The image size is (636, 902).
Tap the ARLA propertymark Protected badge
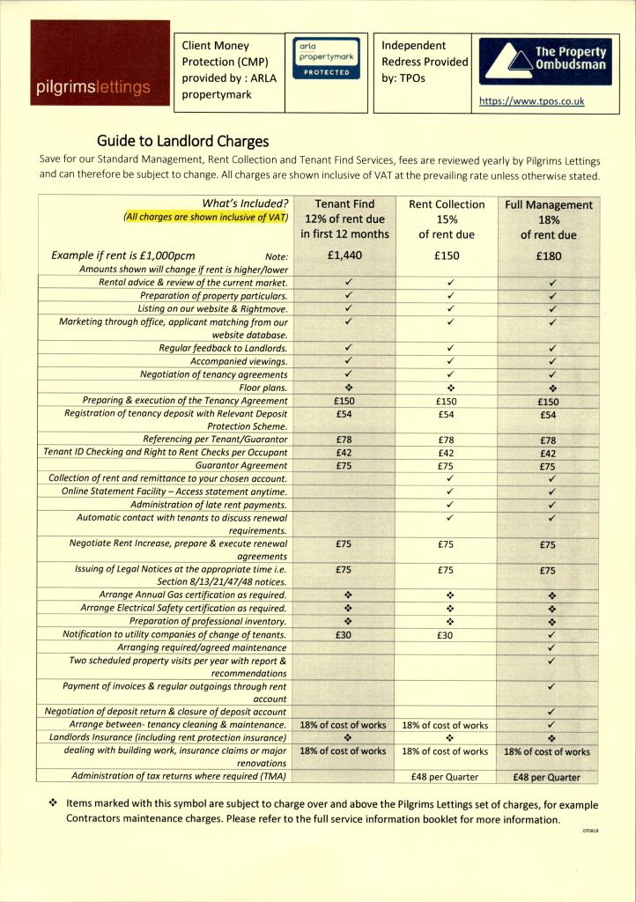coord(326,57)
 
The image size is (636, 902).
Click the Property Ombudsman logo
coord(544,61)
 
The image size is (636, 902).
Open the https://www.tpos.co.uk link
coord(531,101)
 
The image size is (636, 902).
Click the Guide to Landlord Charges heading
coord(182,141)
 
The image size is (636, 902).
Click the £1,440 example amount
coord(344,255)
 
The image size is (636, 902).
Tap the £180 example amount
coord(549,256)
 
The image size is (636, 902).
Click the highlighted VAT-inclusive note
coord(206,217)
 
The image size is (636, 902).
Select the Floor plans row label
coord(263,388)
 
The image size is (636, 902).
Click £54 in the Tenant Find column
coord(344,413)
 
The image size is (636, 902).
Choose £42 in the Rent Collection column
coord(447,453)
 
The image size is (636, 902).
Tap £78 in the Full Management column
coord(549,440)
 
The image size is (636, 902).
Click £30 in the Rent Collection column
coord(447,634)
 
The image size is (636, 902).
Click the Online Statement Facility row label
coord(174,492)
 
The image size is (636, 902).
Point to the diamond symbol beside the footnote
coord(54,804)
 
